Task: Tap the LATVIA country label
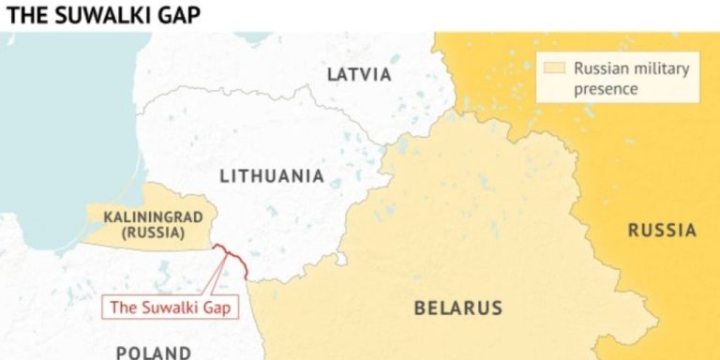[x=358, y=75]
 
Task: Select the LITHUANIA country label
[x=272, y=176]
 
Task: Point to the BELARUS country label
[x=458, y=307]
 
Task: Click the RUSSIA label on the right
[x=662, y=231]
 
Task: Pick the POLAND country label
[x=155, y=352]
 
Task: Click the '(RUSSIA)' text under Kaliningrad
[x=145, y=232]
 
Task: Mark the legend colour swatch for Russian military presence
[x=555, y=68]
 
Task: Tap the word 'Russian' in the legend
[x=600, y=69]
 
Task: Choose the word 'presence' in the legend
[x=606, y=89]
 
